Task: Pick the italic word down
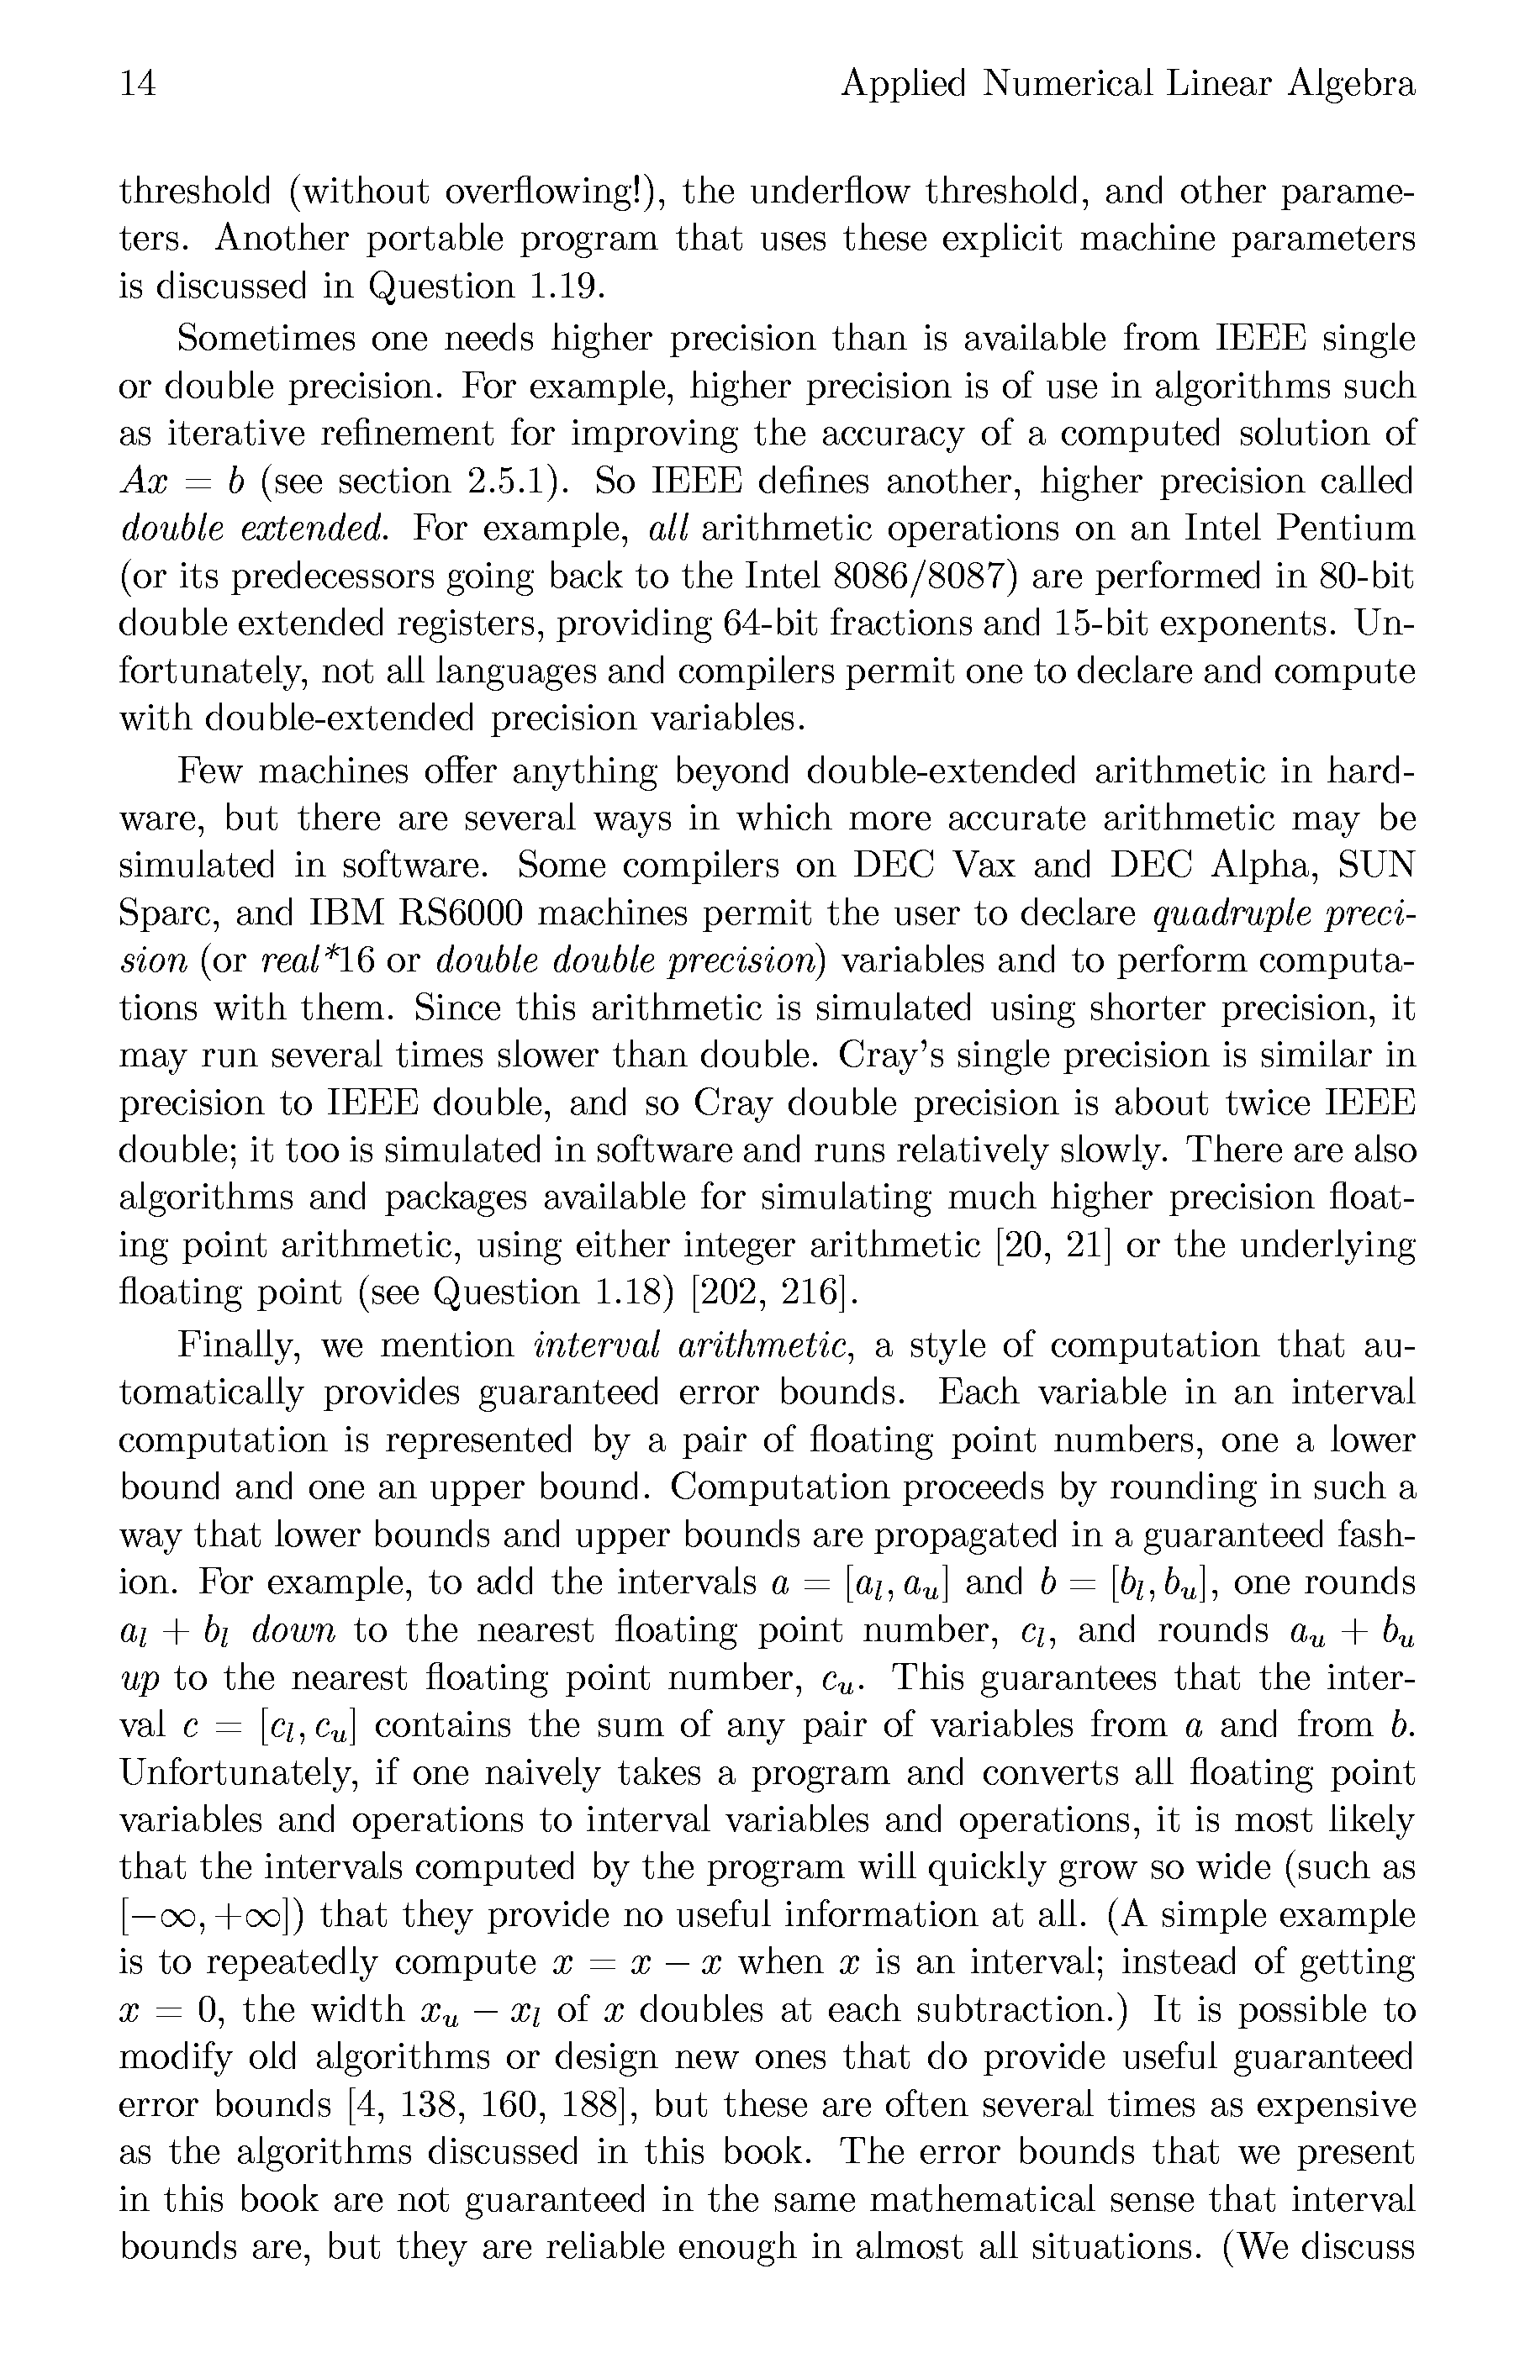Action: (293, 1630)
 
